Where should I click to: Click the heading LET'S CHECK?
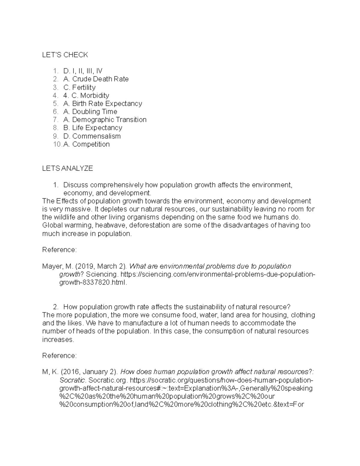tap(65, 55)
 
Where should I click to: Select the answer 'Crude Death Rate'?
tap(100, 79)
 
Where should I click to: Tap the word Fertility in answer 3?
tap(84, 87)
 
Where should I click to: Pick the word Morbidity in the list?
tap(94, 95)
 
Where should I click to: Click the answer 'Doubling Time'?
tap(94, 112)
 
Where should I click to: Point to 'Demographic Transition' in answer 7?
tap(109, 120)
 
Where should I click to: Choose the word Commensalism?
tap(96, 136)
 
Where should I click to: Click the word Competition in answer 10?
tap(91, 144)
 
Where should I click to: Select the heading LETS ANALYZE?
tap(67, 168)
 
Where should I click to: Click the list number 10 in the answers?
tap(57, 144)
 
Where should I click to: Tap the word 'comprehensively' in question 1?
tap(117, 185)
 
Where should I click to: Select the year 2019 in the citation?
tap(86, 266)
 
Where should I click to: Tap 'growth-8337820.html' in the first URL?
tap(93, 282)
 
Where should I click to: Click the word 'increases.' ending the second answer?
tap(58, 339)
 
